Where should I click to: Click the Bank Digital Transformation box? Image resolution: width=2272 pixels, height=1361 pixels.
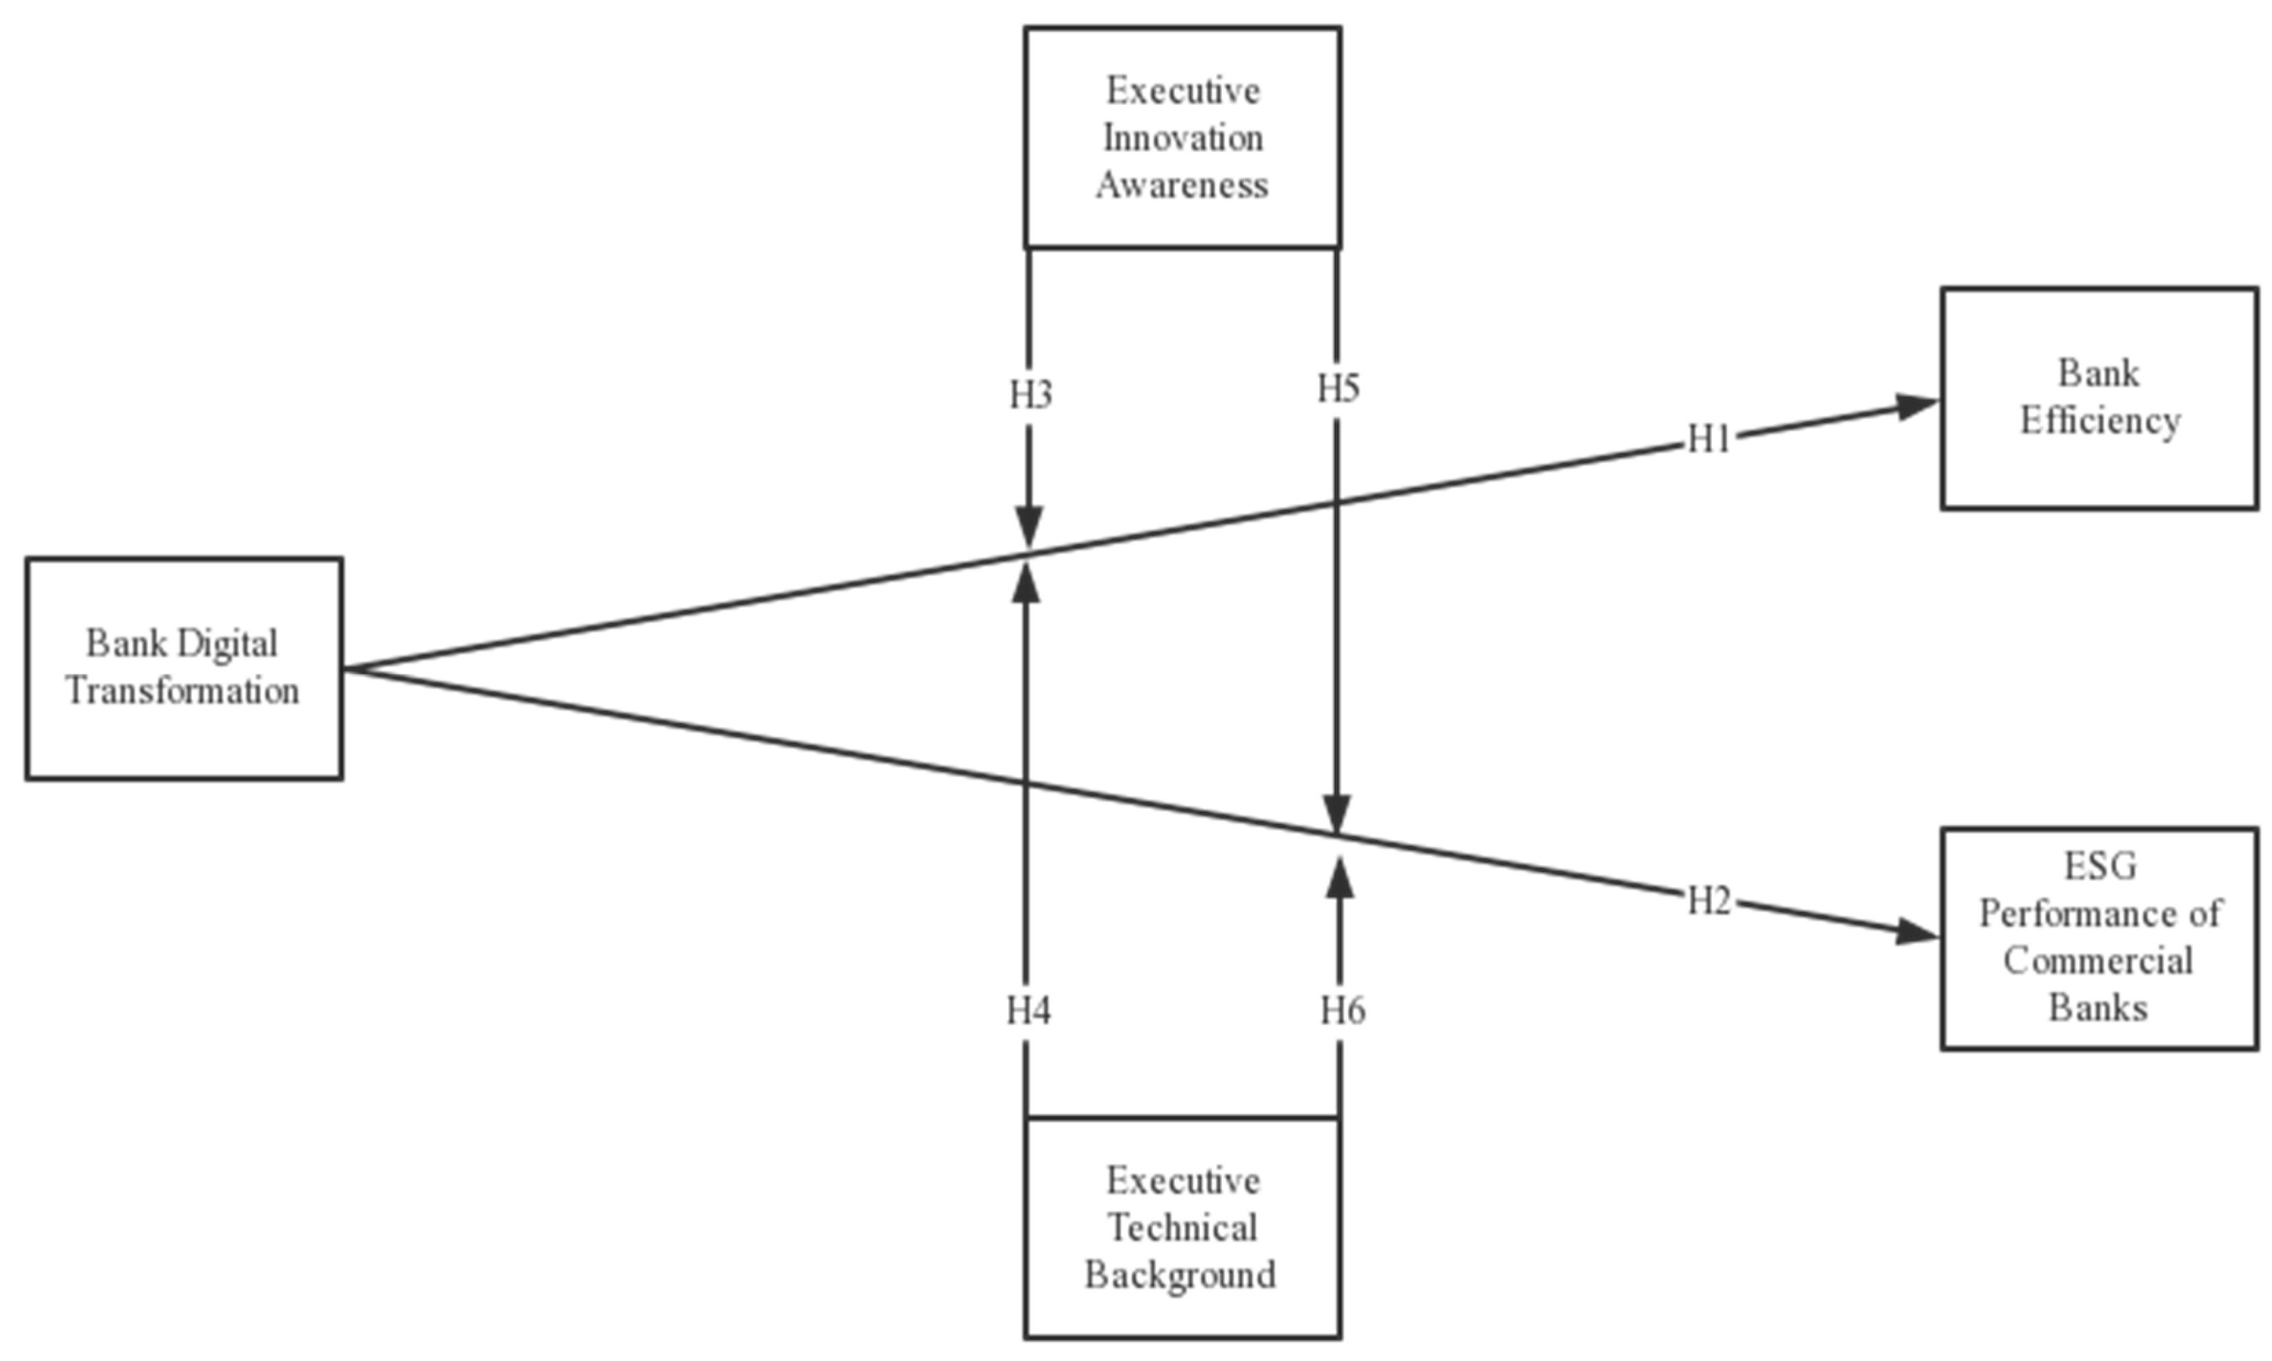(183, 668)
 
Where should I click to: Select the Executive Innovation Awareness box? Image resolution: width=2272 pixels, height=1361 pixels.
(1182, 138)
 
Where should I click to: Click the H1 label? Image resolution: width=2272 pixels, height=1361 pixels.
(1709, 440)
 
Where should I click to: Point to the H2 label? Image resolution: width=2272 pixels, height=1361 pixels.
(1709, 903)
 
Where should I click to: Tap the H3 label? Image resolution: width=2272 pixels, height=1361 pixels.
(1030, 394)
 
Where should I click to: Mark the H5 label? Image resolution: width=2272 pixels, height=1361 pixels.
(1338, 389)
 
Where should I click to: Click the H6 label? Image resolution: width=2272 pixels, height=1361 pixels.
(1342, 1011)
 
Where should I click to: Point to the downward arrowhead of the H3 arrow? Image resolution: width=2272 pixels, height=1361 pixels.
(1029, 527)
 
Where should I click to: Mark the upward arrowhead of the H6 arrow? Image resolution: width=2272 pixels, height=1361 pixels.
(1341, 878)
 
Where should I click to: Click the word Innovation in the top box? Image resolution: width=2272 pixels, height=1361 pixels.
(1182, 138)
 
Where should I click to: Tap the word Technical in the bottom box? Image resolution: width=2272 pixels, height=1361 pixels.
(1182, 1227)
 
